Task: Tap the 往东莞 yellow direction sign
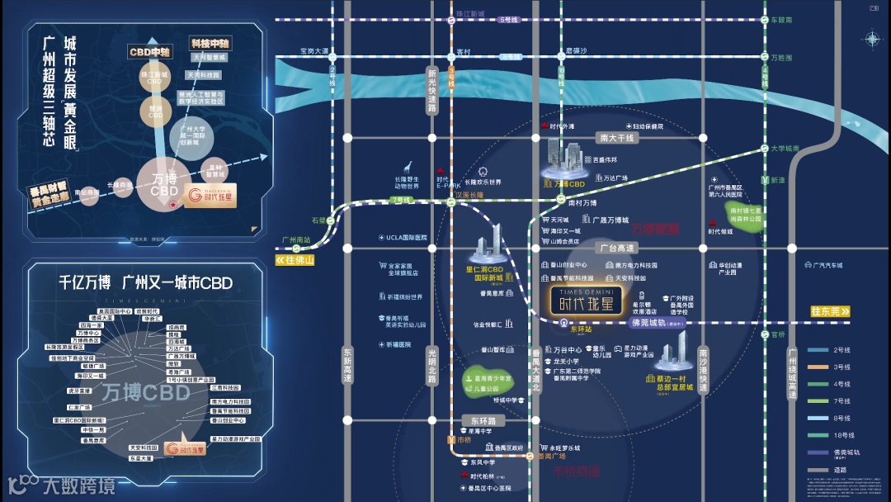[829, 311]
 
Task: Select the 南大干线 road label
[616, 138]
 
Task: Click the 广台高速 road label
[616, 248]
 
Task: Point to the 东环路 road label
[476, 419]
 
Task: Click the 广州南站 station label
[295, 240]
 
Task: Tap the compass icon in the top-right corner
[871, 39]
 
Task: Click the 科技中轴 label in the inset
[210, 42]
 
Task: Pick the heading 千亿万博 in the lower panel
[85, 283]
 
